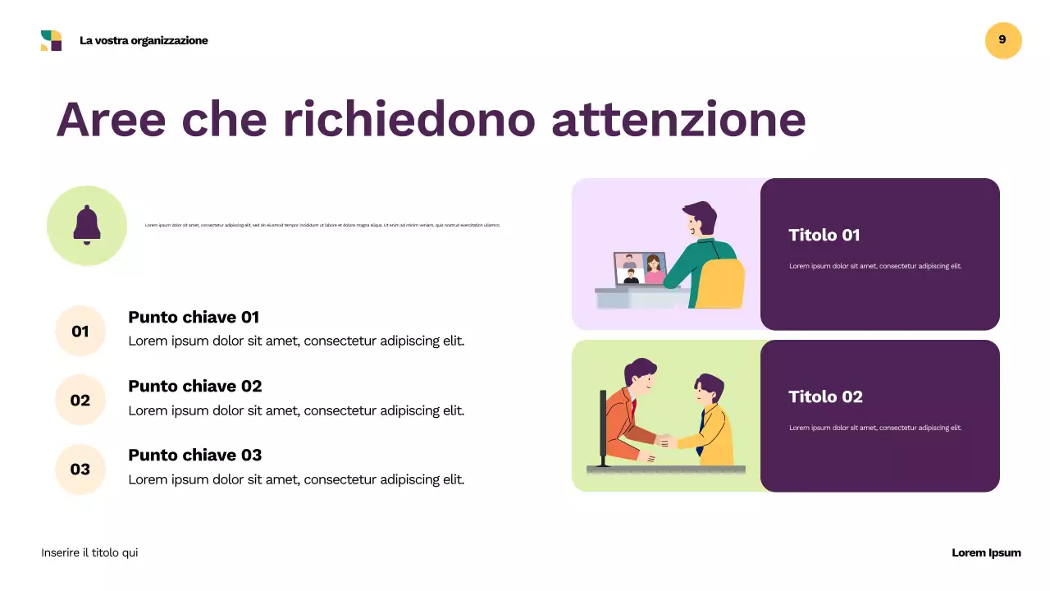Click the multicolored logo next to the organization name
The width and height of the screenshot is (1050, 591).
click(51, 40)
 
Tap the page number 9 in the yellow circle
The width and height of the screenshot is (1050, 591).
click(1002, 40)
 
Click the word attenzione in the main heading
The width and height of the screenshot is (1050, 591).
click(678, 119)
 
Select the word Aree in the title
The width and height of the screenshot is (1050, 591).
click(111, 119)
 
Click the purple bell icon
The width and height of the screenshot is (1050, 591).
click(87, 225)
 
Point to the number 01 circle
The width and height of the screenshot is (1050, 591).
click(80, 332)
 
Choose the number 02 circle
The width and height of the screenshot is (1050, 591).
click(80, 401)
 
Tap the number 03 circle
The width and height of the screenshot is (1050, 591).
click(80, 470)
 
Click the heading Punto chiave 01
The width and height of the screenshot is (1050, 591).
click(194, 318)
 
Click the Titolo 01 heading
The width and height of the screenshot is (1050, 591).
click(824, 236)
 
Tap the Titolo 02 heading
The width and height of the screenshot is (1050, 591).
click(825, 397)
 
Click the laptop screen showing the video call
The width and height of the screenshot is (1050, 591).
click(640, 268)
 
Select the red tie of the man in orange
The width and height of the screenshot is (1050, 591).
click(633, 407)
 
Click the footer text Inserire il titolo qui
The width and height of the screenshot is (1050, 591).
click(89, 553)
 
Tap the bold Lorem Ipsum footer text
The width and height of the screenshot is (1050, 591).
click(986, 553)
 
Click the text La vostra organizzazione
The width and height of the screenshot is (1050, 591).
click(144, 41)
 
